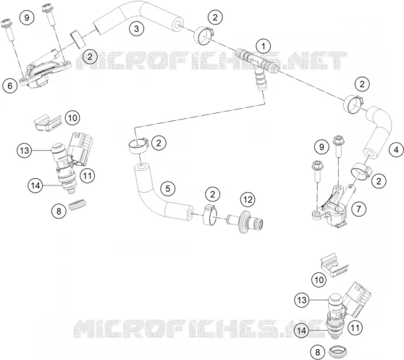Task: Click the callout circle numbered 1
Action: tap(264, 46)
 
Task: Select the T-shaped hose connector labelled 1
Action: tap(258, 64)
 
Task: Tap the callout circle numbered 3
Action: tap(136, 28)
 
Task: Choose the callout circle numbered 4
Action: tap(396, 150)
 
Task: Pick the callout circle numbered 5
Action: tap(168, 188)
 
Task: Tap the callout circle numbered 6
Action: tap(10, 85)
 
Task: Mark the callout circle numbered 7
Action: tap(358, 209)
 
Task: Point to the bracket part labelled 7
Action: tap(331, 207)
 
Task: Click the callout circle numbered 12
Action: tap(248, 199)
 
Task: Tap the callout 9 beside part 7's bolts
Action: tap(321, 147)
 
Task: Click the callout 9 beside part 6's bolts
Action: tap(27, 17)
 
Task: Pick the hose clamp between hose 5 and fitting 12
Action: tap(210, 214)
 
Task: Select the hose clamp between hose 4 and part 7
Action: tap(361, 172)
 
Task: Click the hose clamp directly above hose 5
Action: tap(138, 146)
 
